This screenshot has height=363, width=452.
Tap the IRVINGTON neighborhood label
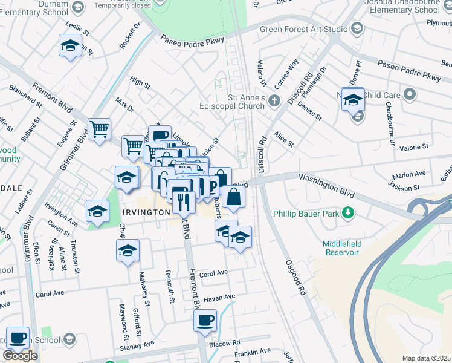tap(146, 212)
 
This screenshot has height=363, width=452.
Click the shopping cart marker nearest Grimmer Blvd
tap(99, 129)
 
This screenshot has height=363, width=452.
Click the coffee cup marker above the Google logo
tap(18, 336)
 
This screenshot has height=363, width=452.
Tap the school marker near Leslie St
tap(70, 45)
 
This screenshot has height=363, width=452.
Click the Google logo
tap(20, 356)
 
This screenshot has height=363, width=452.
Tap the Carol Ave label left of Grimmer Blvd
tap(50, 294)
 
